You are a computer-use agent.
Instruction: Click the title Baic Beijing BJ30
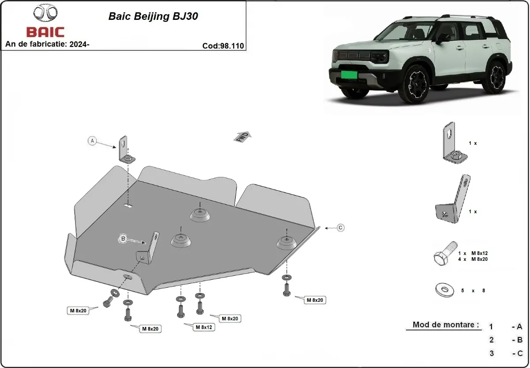click(x=153, y=17)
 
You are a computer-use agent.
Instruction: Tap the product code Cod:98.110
click(x=223, y=45)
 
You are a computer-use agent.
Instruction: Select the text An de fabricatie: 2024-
click(x=47, y=44)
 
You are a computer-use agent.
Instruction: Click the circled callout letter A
click(x=92, y=141)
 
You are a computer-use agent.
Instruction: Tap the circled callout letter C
click(x=340, y=228)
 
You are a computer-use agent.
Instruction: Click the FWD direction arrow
click(x=242, y=136)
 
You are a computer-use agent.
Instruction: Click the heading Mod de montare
click(x=446, y=325)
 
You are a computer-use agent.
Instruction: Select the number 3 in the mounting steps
click(x=491, y=353)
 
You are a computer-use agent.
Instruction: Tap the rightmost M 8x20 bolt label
click(x=314, y=300)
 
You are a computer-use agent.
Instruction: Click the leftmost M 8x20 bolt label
click(x=77, y=311)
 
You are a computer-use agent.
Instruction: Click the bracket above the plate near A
click(x=125, y=149)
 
